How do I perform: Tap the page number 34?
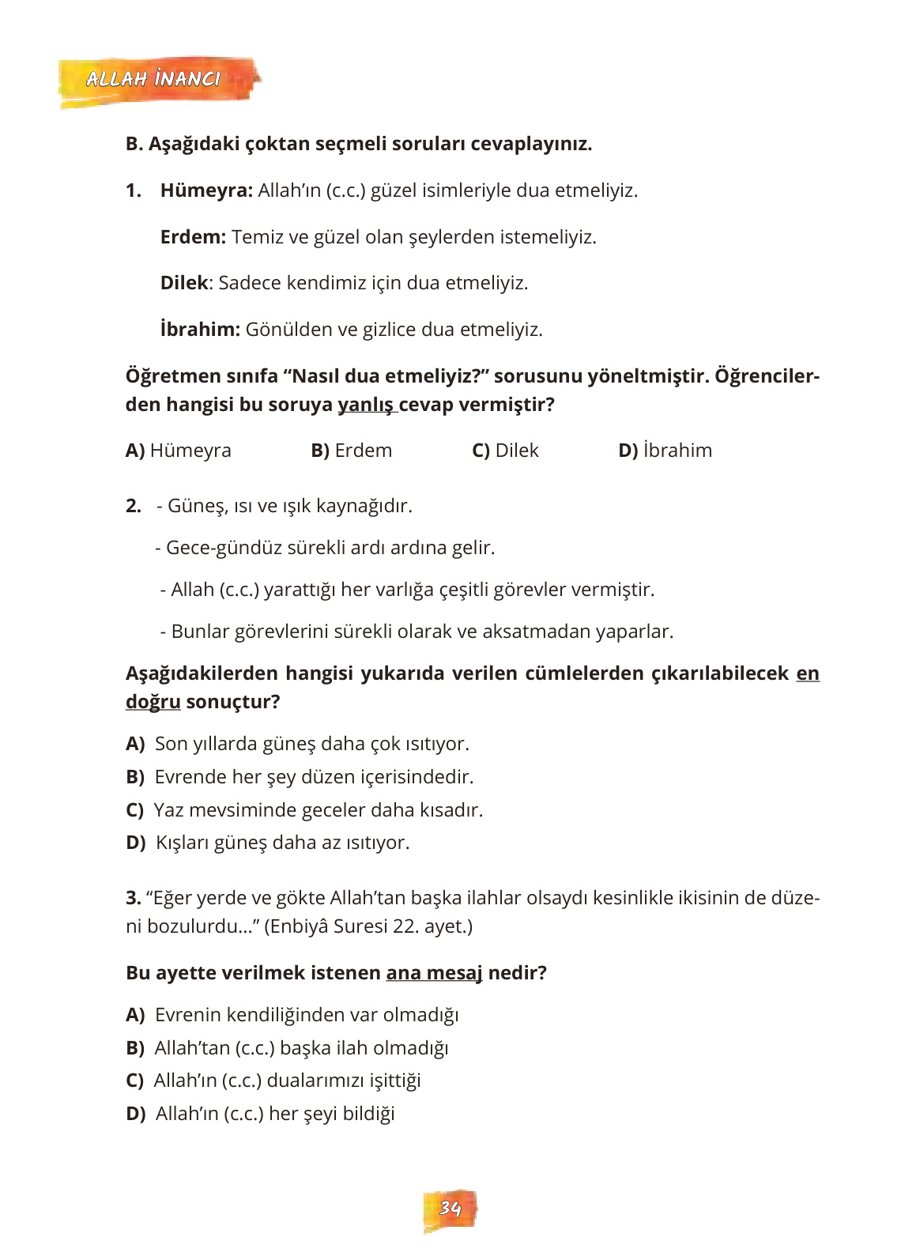(x=450, y=1208)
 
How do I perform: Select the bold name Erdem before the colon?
(x=192, y=237)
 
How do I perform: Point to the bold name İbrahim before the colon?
(x=199, y=330)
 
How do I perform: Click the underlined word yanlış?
(x=365, y=405)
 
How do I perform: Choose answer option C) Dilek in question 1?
(x=505, y=451)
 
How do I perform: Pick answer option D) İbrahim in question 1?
(x=665, y=451)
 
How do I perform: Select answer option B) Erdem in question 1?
(x=351, y=451)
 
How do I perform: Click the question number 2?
(x=134, y=506)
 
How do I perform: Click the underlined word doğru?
(x=153, y=702)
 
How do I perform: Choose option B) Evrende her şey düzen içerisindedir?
(x=300, y=777)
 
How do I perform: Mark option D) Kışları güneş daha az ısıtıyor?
(x=268, y=843)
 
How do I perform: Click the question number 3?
(x=133, y=898)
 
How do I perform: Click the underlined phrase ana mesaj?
(x=434, y=973)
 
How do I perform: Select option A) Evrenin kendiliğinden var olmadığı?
(x=292, y=1015)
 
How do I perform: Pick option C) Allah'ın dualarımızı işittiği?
(x=273, y=1081)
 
